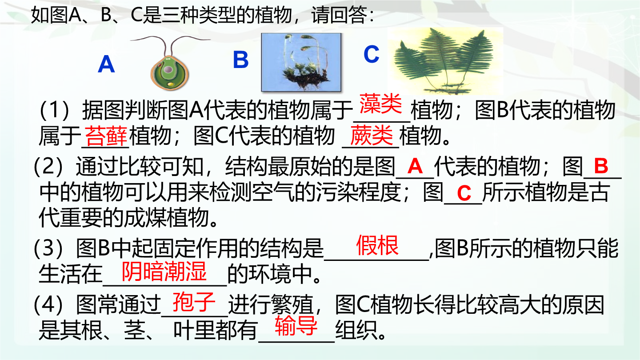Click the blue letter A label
point(106,64)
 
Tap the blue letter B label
point(240,60)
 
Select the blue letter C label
point(372,54)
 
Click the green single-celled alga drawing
point(170,63)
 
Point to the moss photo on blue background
point(301,62)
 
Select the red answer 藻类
point(380,104)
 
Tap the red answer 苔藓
point(106,136)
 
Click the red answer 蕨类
point(372,136)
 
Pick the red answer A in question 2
point(415,166)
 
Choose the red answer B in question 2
point(601,166)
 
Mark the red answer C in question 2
point(464,193)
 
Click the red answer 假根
point(377,245)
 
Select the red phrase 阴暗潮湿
point(164,272)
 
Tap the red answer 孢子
point(194,302)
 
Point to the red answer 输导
point(296,325)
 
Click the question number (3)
point(48,248)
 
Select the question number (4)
point(48,304)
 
